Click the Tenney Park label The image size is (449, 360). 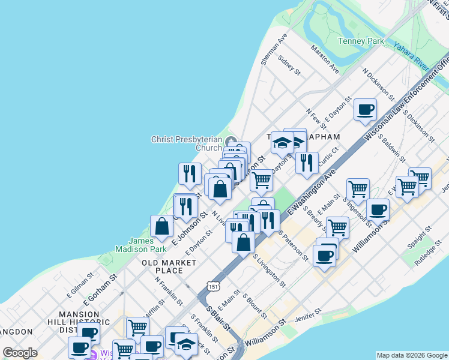[x=360, y=41]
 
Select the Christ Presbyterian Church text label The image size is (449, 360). [x=186, y=143]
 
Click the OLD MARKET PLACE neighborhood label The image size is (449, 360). [x=169, y=266]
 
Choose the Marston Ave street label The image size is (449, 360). [x=324, y=59]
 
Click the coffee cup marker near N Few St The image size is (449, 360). [x=365, y=109]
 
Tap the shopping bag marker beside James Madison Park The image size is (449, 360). [x=162, y=226]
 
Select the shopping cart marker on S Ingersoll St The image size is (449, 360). [x=358, y=188]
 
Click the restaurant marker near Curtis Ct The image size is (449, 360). [x=307, y=161]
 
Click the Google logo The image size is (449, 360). [x=20, y=353]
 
